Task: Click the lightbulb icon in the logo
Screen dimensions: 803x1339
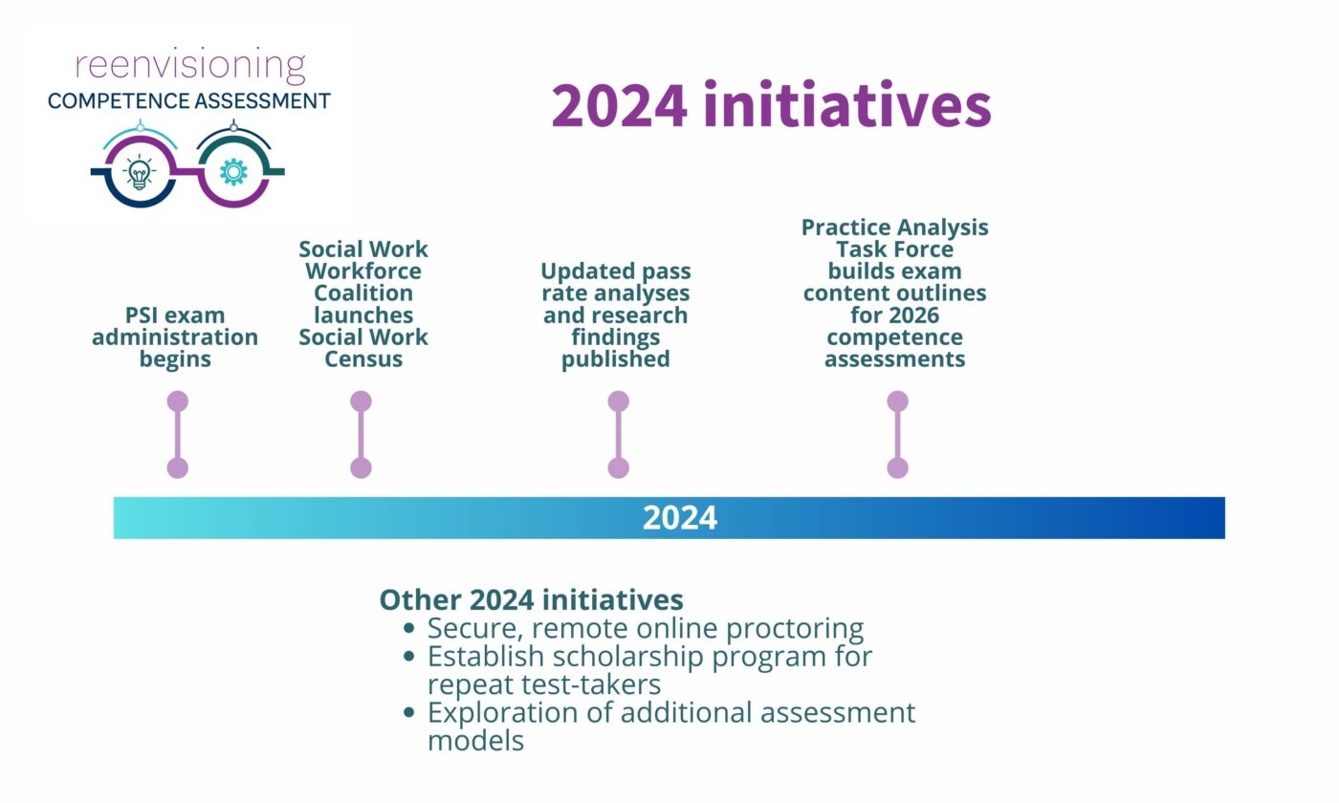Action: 140,172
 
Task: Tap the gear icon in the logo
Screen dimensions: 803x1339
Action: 233,172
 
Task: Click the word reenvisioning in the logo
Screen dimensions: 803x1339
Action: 190,65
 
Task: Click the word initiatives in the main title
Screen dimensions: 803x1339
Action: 846,105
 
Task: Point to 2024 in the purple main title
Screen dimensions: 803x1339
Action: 619,105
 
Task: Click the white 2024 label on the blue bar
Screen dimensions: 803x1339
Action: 679,517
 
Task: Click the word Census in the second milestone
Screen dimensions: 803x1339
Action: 363,359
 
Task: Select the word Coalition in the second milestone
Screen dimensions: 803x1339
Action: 363,293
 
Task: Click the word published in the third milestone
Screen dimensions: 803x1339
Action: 615,359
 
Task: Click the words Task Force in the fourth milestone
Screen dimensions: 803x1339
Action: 894,250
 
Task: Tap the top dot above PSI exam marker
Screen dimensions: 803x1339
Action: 177,401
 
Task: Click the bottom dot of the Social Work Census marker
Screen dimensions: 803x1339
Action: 361,467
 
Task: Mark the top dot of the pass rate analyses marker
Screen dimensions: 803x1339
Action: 618,401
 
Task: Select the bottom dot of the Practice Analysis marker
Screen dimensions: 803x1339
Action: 897,467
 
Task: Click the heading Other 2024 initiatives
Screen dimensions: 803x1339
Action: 531,599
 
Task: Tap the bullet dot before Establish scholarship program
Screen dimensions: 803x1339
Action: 410,657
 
